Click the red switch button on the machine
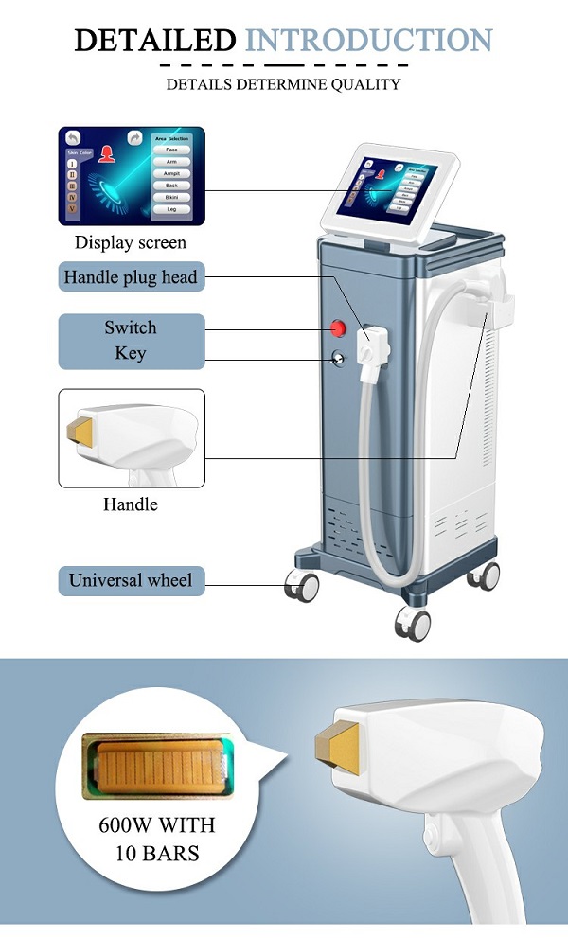tap(337, 328)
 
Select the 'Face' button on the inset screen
tap(171, 150)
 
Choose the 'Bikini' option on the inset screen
tap(171, 197)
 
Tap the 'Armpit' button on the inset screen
tap(171, 173)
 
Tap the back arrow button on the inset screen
tap(72, 137)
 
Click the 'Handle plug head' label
tap(131, 278)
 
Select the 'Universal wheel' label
tap(131, 580)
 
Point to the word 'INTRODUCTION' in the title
tap(369, 40)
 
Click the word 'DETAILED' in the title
tap(155, 40)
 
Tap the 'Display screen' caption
tap(131, 242)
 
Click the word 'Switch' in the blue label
tap(131, 327)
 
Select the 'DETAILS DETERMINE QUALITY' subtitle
tap(283, 84)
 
